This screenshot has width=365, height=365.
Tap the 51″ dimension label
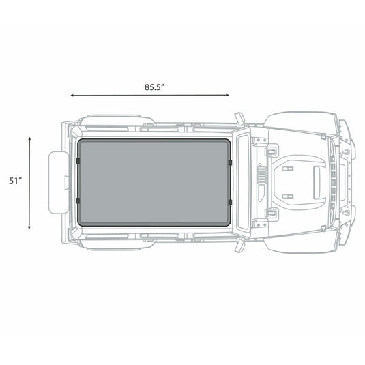tap(16, 180)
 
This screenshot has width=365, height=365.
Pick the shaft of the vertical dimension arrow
tap(30, 183)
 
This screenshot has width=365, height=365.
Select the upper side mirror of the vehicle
tap(239, 117)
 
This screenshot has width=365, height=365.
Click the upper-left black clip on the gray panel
tap(79, 162)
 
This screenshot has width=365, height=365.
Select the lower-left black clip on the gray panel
tap(79, 200)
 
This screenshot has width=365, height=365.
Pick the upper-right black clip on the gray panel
tap(231, 162)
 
